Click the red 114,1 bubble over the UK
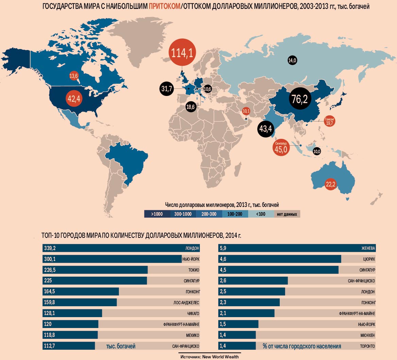pos(183,53)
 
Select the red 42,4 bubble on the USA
pos(74,99)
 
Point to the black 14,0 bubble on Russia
pos(292,60)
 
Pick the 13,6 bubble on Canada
pos(74,76)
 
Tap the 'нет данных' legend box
pos(287,214)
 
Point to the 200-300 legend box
pos(209,214)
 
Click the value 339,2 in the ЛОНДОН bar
pos(50,248)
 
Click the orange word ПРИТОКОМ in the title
pos(165,6)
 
